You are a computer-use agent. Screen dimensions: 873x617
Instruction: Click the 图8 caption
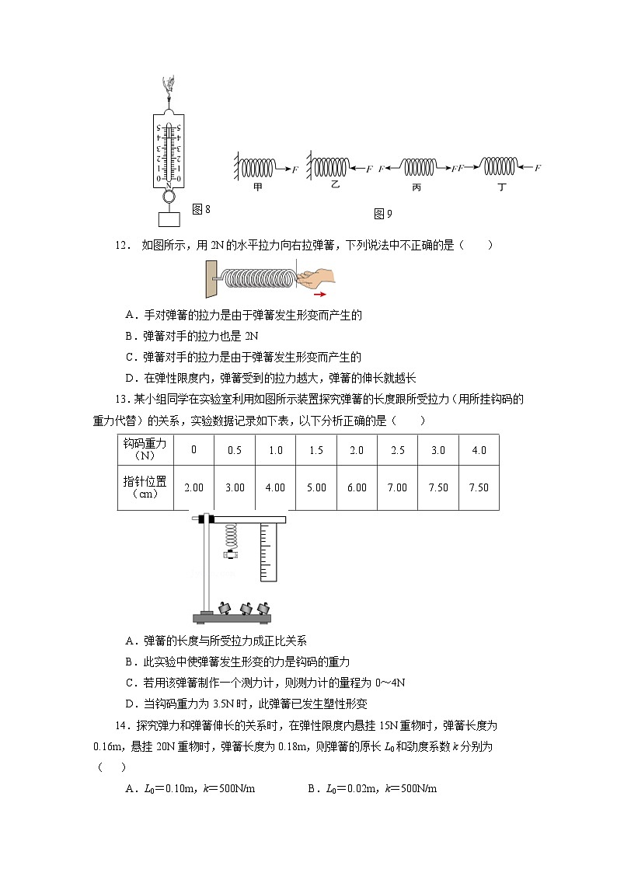(x=201, y=209)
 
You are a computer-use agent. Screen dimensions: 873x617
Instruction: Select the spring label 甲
(x=257, y=187)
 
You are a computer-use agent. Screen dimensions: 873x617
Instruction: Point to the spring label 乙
(x=336, y=187)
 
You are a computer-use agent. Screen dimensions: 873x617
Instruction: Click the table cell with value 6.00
(x=357, y=487)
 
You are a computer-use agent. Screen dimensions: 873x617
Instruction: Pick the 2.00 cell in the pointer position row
(x=193, y=487)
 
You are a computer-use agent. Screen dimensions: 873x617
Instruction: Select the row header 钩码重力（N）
(x=145, y=449)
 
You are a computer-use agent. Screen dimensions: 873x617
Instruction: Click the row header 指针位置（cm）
(x=145, y=487)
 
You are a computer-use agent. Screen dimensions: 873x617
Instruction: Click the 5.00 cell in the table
(x=315, y=487)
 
